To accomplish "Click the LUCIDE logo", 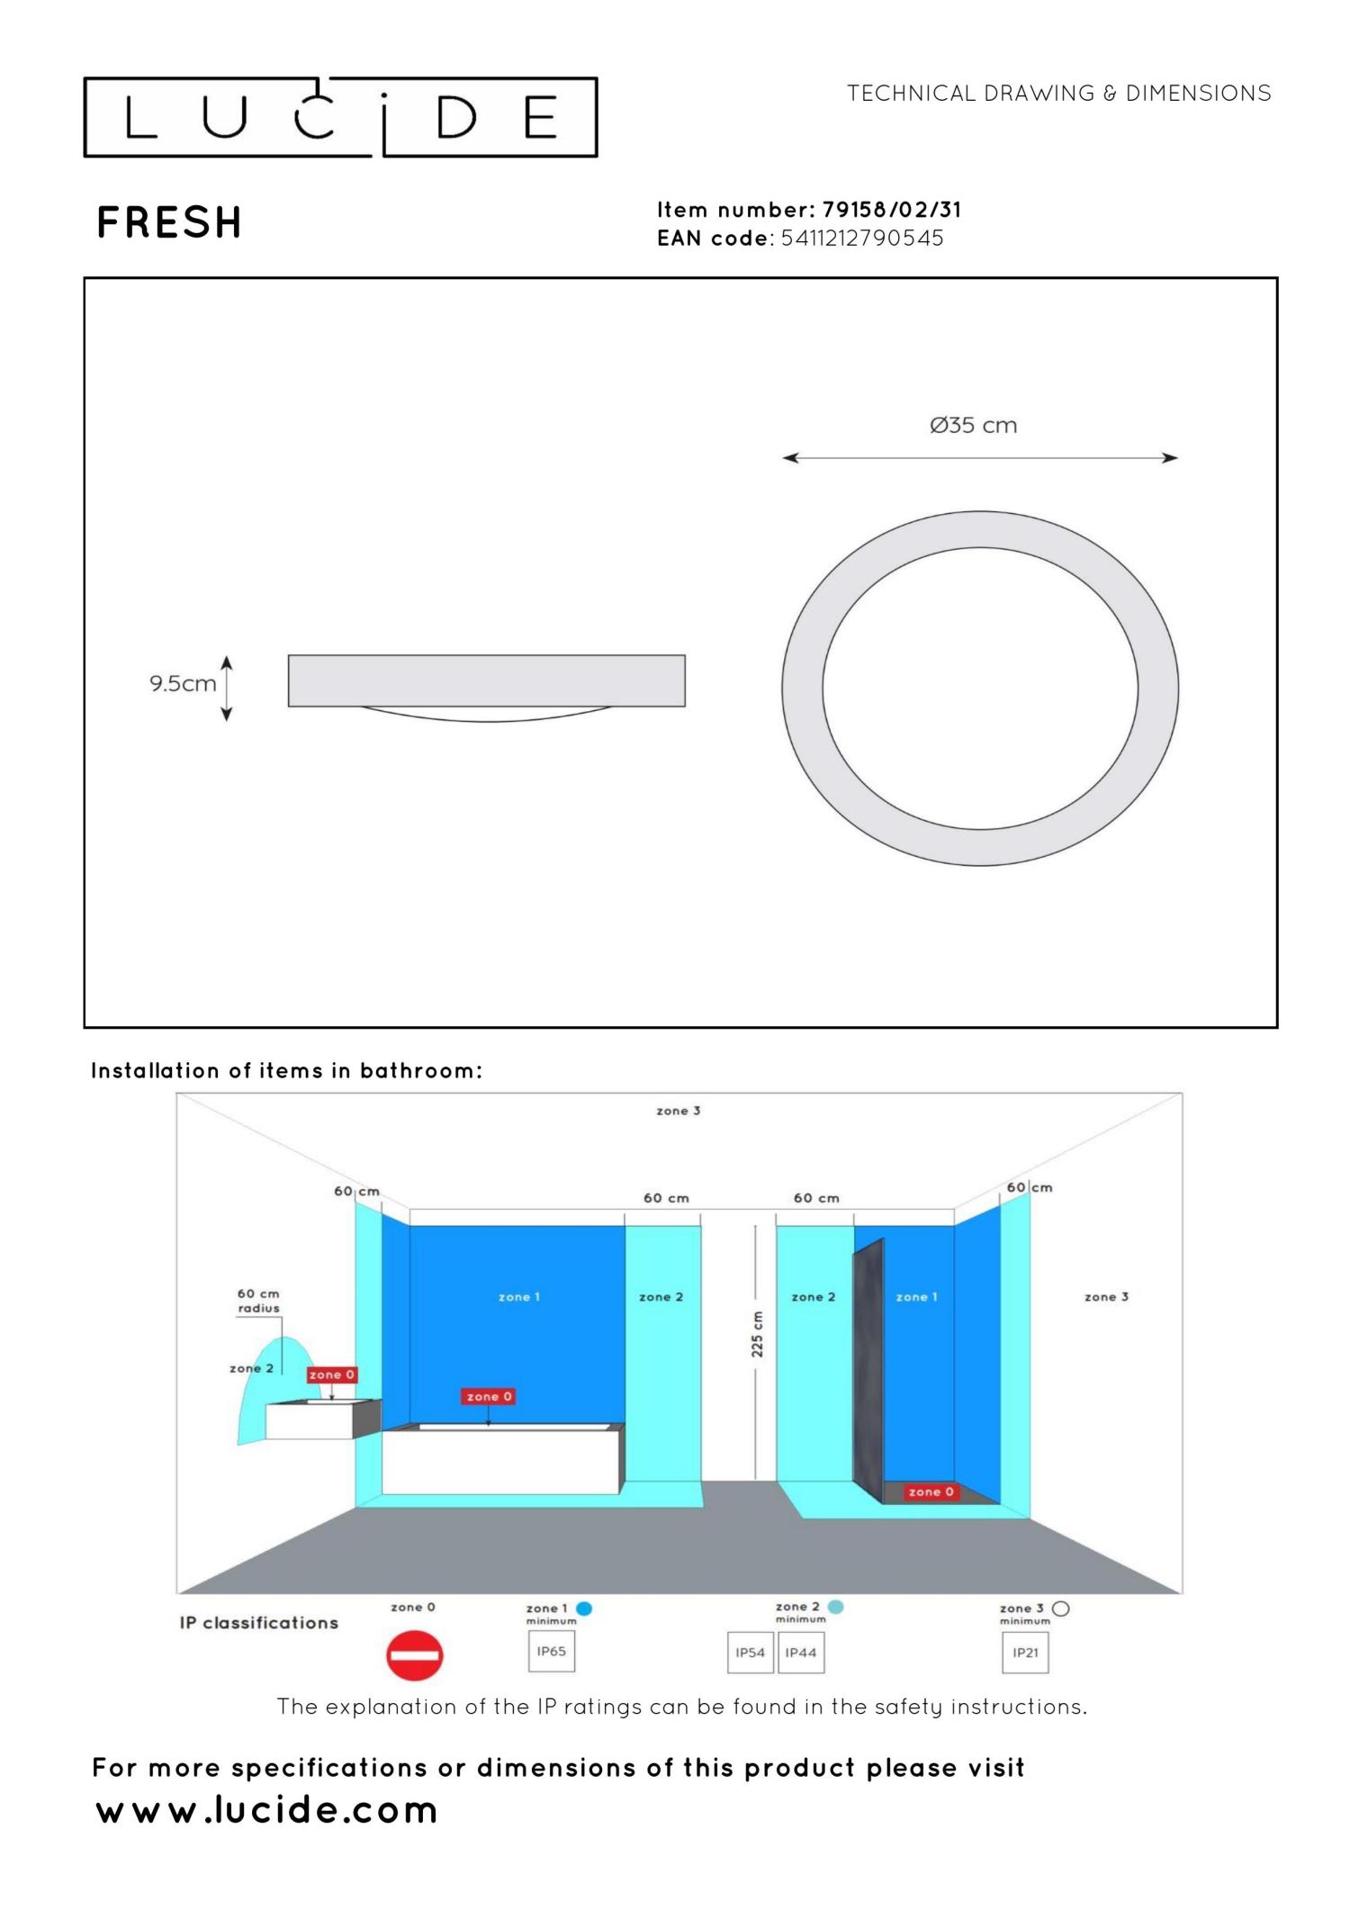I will (340, 117).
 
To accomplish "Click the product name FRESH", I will (169, 222).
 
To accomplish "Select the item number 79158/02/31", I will (891, 210).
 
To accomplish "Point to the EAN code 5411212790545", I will (861, 239).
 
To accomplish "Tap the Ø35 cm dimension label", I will (973, 425).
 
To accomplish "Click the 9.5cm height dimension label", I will (183, 683).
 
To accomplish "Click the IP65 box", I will (551, 1651).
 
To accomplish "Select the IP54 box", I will (750, 1653).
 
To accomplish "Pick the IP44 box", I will (800, 1653).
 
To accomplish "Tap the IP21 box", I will (1025, 1653).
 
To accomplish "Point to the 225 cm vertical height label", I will (757, 1334).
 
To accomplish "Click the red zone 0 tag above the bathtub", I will (489, 1396).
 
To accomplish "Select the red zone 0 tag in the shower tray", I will (931, 1491).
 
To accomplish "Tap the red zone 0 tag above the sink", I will (332, 1374).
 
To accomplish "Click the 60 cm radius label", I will (258, 1301).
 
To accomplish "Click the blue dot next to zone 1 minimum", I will (584, 1608).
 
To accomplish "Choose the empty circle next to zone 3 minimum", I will (1060, 1608).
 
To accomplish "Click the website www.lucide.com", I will (266, 1809).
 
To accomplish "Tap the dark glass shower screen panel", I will (868, 1368).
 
